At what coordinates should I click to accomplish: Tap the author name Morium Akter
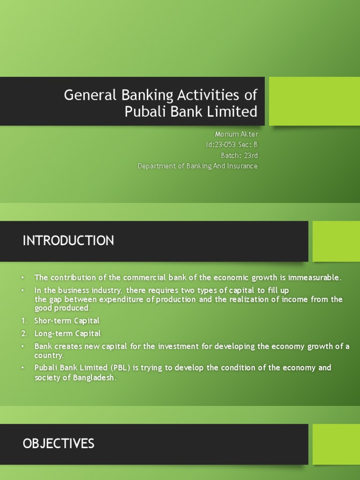point(236,135)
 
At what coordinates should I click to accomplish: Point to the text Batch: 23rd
point(239,155)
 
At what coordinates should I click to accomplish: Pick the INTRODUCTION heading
point(68,241)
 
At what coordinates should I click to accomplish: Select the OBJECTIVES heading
point(59,443)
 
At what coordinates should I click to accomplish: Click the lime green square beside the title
point(314,101)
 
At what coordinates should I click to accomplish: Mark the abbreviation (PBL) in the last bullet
point(120,367)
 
